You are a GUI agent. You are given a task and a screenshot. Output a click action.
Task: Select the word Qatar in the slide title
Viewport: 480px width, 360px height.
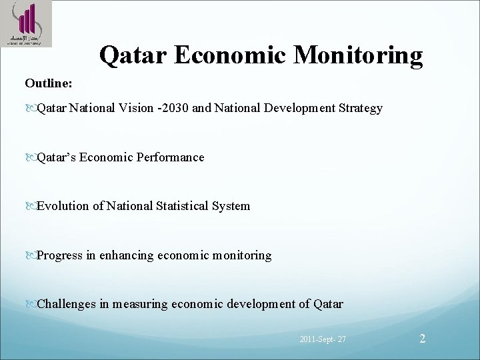tap(131, 56)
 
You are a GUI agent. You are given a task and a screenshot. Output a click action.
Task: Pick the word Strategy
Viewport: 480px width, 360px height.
tap(361, 107)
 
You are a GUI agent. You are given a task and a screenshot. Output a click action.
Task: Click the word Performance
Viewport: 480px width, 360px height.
tap(171, 157)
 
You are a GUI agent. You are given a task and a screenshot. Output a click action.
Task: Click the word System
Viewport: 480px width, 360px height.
tap(231, 206)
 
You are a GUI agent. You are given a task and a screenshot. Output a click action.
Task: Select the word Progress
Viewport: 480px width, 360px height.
tap(60, 255)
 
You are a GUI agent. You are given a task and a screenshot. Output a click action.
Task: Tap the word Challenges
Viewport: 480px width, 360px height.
tap(66, 304)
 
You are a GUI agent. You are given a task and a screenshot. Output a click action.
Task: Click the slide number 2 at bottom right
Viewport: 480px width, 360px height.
tap(422, 339)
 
